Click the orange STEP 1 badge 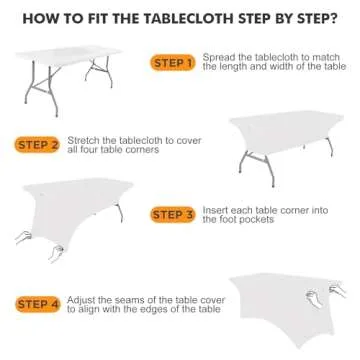pos(172,63)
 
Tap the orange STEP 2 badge pos(37,145)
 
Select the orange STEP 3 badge pos(172,214)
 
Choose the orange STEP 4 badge pos(38,304)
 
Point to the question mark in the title pos(333,19)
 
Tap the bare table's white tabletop pos(69,55)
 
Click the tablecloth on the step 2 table pos(285,132)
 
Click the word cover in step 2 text pos(189,141)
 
